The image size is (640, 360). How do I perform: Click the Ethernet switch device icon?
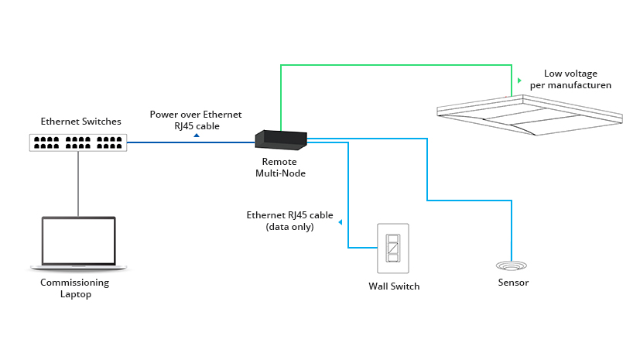coord(78,142)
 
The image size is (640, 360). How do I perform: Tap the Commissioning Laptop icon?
coord(78,243)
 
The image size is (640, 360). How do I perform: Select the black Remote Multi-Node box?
coord(281,139)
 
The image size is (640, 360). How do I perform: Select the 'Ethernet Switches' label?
coord(81,122)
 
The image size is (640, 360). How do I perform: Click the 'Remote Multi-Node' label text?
coord(280,167)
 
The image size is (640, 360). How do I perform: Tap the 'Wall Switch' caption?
coord(394,286)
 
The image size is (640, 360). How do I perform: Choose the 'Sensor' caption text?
coord(513,283)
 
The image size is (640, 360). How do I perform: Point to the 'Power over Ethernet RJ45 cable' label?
coord(196,119)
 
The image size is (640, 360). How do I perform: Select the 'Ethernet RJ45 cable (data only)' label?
coord(289,221)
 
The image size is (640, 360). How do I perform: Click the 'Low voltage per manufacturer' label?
coord(570,79)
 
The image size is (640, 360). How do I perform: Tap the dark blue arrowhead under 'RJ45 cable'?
coord(197,135)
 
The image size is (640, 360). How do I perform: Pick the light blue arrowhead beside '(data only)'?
coord(341,221)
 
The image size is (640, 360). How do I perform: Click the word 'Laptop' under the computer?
coord(75,294)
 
